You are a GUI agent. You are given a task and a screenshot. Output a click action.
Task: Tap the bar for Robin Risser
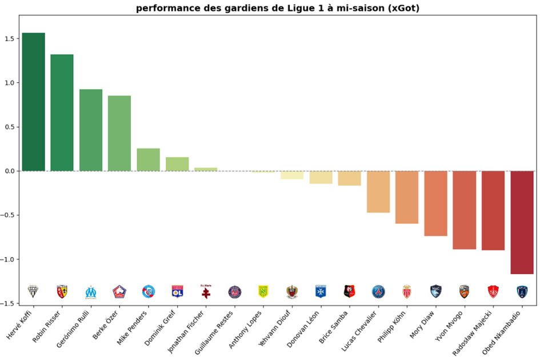click(62, 113)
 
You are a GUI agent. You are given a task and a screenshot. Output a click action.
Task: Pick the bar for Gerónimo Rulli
click(91, 130)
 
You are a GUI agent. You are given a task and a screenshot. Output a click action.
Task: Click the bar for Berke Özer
click(119, 133)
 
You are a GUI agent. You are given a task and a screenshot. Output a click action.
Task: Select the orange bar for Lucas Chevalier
click(378, 191)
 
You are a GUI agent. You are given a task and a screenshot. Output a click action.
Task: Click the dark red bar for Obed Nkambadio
click(522, 222)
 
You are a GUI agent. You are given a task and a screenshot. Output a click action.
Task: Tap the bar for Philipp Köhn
click(407, 197)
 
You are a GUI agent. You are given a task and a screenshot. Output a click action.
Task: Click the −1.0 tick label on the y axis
click(10, 259)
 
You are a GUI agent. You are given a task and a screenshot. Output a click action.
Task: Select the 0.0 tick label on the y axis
click(12, 171)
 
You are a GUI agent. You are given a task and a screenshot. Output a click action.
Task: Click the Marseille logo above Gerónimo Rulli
click(91, 292)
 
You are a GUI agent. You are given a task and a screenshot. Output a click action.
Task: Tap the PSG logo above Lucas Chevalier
click(378, 292)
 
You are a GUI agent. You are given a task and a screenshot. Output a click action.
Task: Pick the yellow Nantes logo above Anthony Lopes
click(263, 291)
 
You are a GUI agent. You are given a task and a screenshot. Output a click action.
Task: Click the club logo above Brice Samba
click(350, 292)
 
